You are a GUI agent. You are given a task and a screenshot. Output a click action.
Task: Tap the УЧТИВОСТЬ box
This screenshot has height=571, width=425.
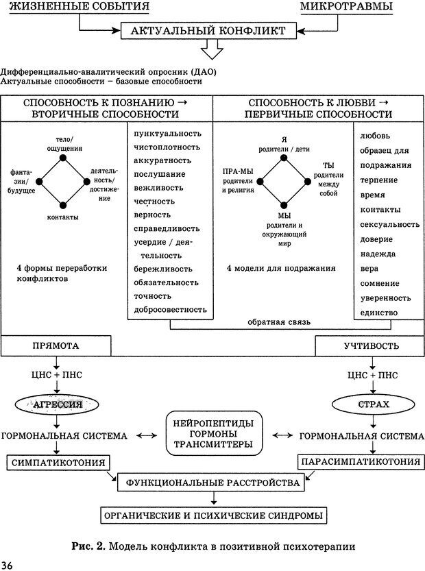click(x=371, y=346)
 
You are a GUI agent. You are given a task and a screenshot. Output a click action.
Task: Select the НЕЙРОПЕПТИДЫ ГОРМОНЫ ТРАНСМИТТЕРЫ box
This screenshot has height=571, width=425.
click(x=215, y=433)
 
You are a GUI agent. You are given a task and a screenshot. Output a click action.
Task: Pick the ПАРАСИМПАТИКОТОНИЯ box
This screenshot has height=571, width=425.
click(x=359, y=463)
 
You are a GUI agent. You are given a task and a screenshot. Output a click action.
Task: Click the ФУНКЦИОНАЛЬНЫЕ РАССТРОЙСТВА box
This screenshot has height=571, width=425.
click(x=212, y=483)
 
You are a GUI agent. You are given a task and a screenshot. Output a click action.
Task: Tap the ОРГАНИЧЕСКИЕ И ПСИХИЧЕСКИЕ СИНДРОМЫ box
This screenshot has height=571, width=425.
click(x=212, y=515)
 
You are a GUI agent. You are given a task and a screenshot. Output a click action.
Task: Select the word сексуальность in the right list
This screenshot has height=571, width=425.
click(x=389, y=224)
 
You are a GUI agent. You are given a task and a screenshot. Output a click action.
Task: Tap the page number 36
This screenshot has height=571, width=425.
click(x=8, y=564)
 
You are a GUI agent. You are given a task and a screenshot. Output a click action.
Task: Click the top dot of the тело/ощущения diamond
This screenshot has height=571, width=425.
click(x=63, y=158)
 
